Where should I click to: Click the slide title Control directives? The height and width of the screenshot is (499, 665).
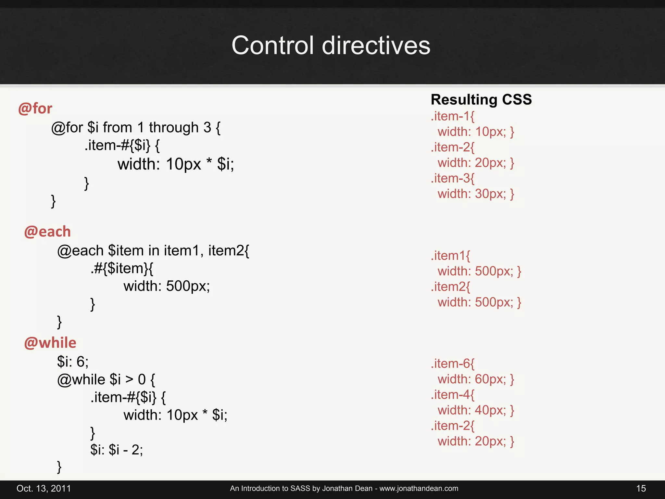pos(331,45)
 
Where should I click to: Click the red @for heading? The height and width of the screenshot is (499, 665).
pos(35,109)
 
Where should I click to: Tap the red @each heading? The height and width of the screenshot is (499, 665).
pos(47,232)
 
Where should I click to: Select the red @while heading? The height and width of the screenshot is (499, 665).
pos(50,343)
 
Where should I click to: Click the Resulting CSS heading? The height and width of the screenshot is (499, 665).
pos(481,99)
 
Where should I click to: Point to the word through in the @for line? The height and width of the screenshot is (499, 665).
pos(174,127)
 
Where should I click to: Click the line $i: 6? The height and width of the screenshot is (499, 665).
pos(73,362)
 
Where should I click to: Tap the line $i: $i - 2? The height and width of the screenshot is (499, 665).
pos(117,450)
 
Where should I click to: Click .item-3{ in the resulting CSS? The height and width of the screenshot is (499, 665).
pos(452,178)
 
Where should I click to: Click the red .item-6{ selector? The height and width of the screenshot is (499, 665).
pos(452,364)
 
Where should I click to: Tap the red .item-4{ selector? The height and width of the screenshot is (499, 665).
pos(452,395)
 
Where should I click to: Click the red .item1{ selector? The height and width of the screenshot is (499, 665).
pos(450,256)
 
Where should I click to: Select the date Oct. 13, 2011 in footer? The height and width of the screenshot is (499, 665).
pos(44,488)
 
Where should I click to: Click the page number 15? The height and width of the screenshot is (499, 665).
pos(641,488)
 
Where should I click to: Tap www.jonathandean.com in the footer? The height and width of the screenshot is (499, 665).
pos(419,488)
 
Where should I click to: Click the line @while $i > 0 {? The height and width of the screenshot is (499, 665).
pos(106,379)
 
